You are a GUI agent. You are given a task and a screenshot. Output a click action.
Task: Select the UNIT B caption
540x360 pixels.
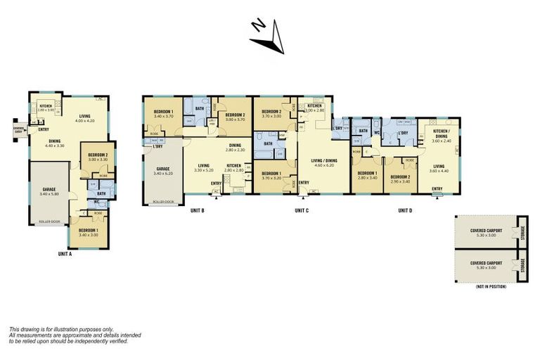(198, 210)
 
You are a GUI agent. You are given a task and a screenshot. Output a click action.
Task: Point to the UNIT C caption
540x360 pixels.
(302, 210)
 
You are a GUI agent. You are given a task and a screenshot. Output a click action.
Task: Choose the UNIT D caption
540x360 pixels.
(405, 210)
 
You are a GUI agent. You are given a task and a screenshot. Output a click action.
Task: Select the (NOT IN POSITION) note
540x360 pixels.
(491, 286)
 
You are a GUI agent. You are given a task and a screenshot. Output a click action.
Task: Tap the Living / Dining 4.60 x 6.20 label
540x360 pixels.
(323, 162)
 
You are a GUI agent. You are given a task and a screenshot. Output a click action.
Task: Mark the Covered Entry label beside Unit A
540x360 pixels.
(20, 130)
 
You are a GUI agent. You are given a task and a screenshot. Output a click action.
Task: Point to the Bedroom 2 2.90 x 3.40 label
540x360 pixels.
(399, 178)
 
